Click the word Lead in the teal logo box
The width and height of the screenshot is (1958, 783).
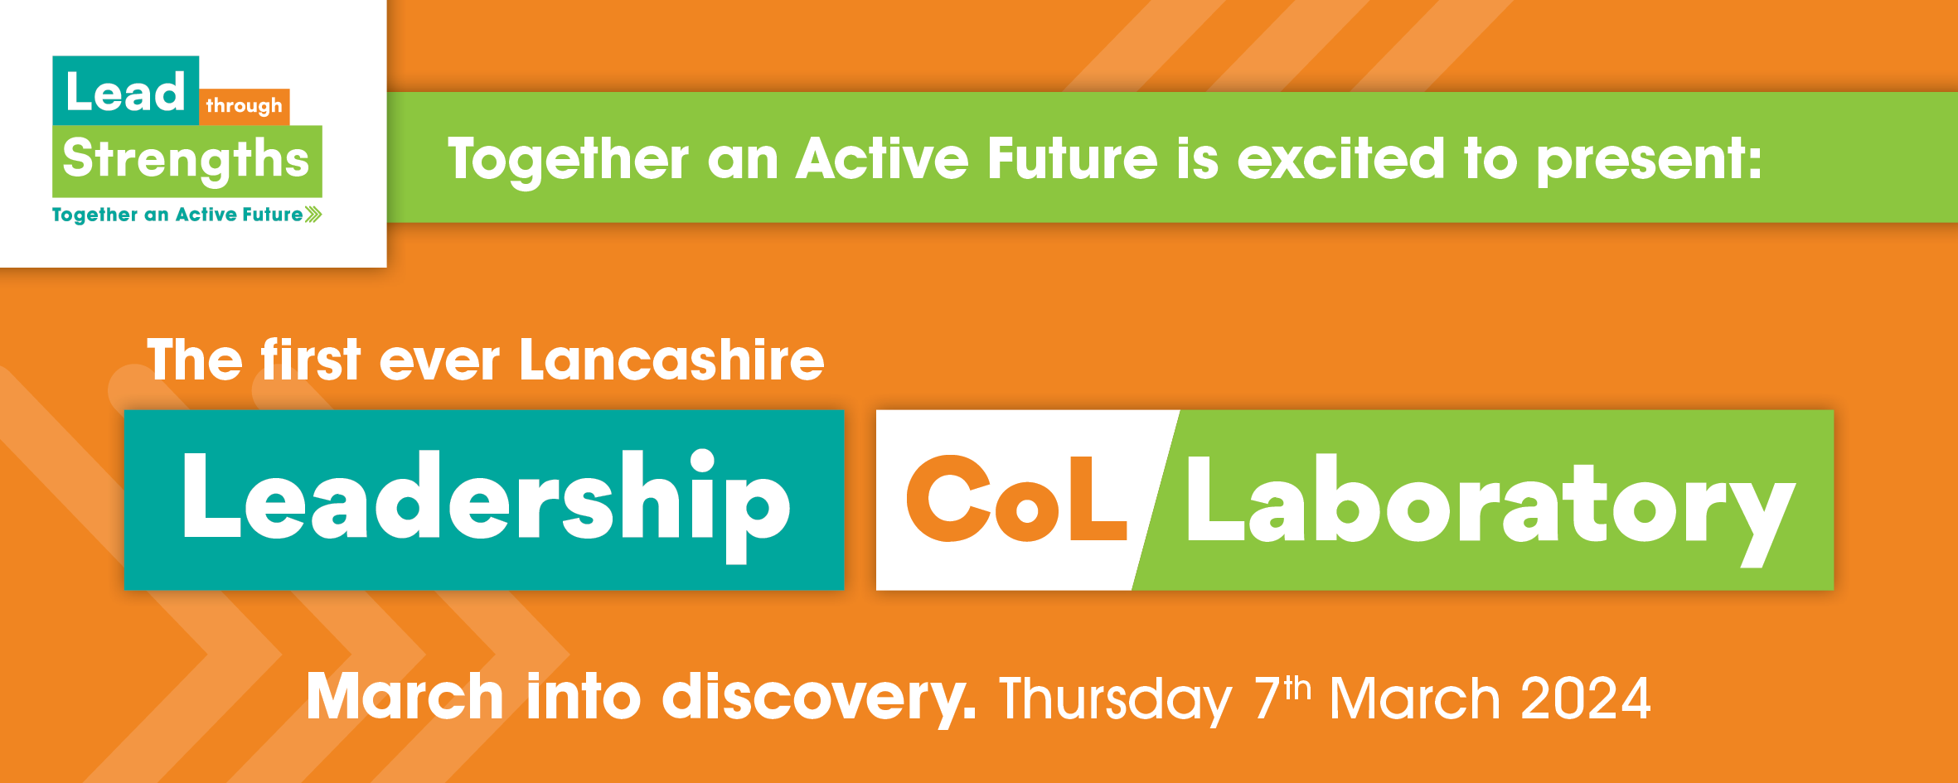125,91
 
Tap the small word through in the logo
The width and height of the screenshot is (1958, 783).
244,106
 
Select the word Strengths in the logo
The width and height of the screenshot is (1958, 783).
186,160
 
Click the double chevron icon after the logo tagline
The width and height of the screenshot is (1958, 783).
313,215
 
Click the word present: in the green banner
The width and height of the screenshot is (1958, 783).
1649,161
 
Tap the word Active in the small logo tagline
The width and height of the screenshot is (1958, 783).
206,215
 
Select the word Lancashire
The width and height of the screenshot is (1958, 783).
671,360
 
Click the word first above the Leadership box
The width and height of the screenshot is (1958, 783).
311,360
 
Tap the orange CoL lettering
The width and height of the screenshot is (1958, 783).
1016,498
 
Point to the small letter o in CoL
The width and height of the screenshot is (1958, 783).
1026,510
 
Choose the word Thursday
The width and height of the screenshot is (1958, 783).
1115,701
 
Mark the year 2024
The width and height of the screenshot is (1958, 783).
1586,698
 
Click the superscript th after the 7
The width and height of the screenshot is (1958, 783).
1297,689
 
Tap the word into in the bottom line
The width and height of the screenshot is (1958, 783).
583,695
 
